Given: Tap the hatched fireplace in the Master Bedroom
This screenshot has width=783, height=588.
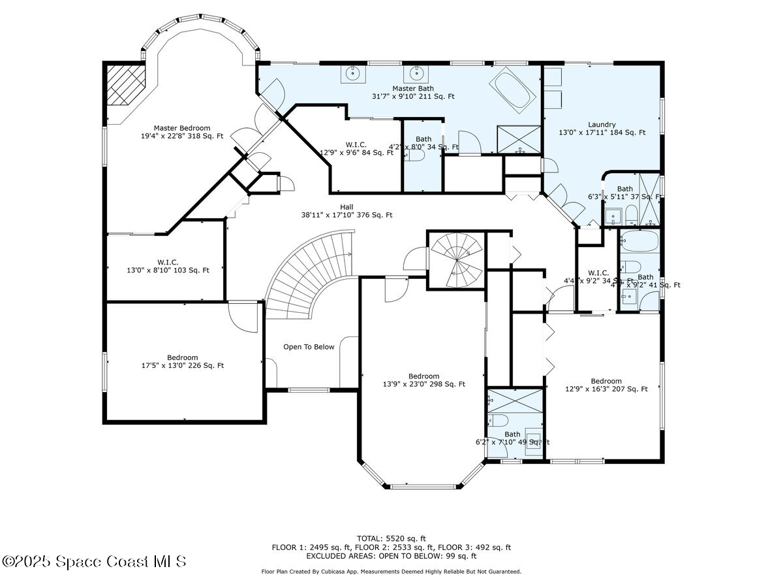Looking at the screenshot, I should pos(126,84).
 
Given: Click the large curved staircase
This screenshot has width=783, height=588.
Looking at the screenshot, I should pos(307,274).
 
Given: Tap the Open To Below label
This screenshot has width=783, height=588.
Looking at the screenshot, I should pos(309,347).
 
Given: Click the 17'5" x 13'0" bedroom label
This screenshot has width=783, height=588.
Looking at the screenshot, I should pos(182,361).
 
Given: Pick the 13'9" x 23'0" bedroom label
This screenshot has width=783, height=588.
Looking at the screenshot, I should pos(423,380).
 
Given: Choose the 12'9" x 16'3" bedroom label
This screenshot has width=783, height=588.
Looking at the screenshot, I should pos(606,385).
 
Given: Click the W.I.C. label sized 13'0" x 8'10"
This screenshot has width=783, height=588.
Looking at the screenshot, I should pos(168,265).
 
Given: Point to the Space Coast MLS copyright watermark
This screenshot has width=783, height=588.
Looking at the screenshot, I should pos(95,561).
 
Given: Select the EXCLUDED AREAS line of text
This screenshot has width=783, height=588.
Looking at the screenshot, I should pos(391,556).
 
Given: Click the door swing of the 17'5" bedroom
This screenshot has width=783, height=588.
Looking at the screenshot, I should pos(245,318).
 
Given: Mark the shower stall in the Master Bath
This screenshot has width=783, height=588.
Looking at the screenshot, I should pos(519,139).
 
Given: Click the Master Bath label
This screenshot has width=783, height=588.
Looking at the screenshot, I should pos(412,92).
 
